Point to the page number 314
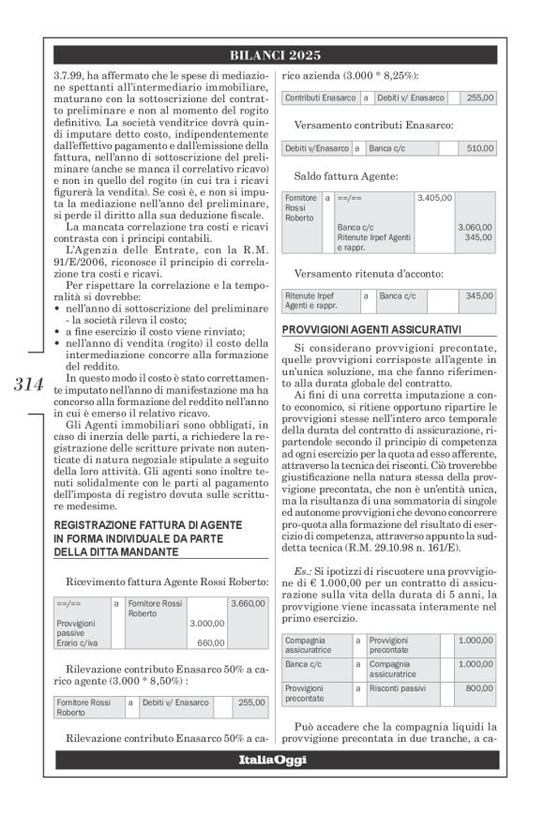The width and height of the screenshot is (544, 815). pyautogui.click(x=29, y=383)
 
